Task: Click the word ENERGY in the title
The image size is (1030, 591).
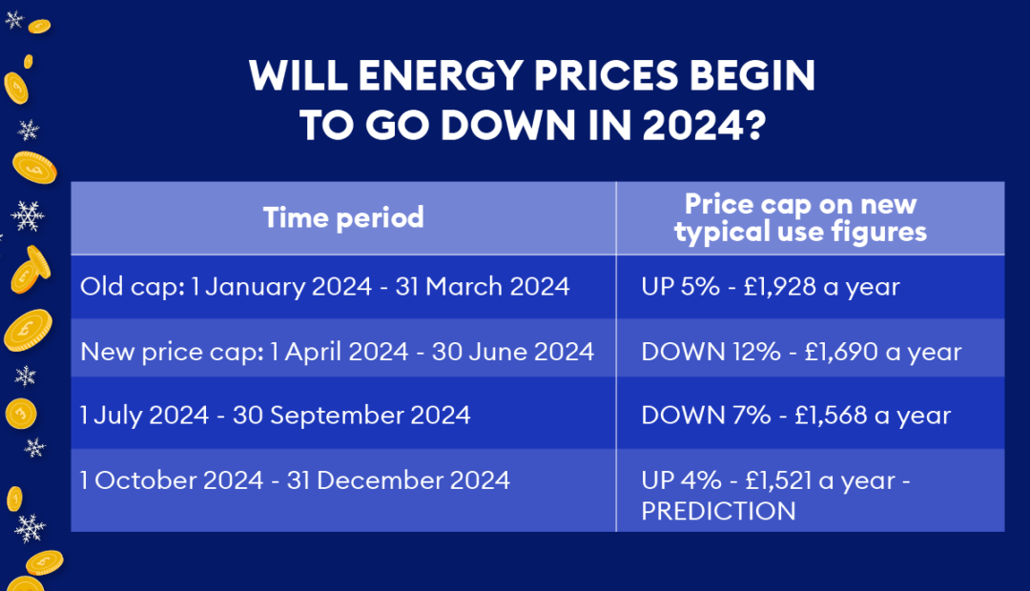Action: coord(426,77)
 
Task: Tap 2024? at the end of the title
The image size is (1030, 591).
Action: coord(695,126)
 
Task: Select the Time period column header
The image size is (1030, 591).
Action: coord(343,217)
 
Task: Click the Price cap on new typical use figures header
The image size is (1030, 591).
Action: coord(800,217)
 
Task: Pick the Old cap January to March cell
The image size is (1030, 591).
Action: coord(325,286)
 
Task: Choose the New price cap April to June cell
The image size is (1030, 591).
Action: coord(337,351)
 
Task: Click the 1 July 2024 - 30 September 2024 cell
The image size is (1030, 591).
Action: coord(276,415)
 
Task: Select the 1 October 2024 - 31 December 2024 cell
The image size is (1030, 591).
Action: coord(295,479)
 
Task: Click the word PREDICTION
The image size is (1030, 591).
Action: coord(718,511)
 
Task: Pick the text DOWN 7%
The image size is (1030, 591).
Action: coord(690,415)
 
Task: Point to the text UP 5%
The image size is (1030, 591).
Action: coord(678,286)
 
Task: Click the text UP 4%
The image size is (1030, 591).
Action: coord(678,479)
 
